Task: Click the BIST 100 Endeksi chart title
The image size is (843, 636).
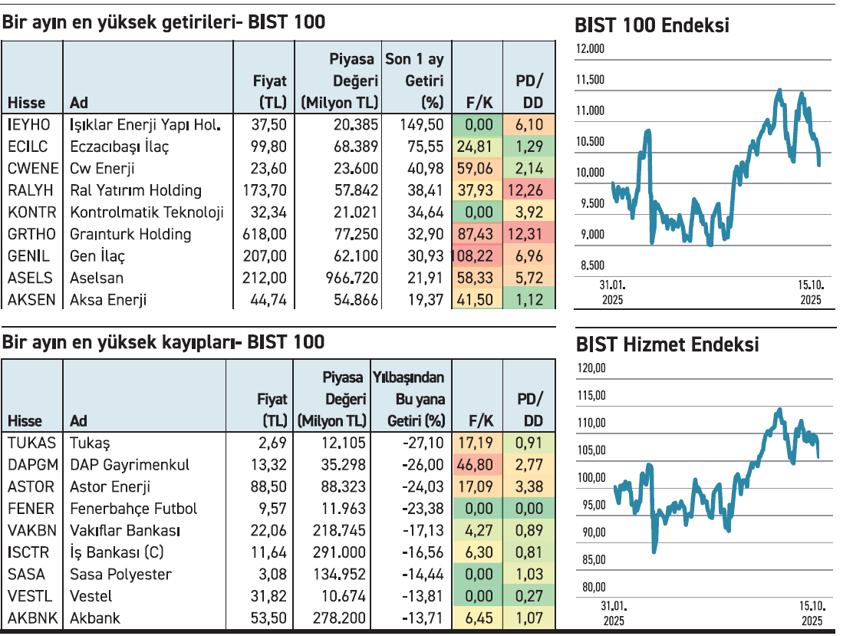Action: click(x=651, y=26)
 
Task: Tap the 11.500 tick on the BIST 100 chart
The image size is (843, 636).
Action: click(x=590, y=80)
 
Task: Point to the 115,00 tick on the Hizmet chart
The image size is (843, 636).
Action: click(x=590, y=396)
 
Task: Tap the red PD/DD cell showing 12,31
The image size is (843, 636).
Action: click(x=529, y=234)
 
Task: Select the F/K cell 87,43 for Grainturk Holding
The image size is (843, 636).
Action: click(x=474, y=234)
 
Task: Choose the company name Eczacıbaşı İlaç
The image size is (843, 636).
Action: click(x=119, y=147)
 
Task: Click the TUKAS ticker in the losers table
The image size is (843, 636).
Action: click(x=31, y=443)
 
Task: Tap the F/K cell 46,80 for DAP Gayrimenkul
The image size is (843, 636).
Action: click(x=474, y=464)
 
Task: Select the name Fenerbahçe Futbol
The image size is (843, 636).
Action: click(x=133, y=508)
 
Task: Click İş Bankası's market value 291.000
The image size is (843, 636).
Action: click(x=344, y=552)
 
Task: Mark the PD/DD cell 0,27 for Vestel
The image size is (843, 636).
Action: click(x=529, y=596)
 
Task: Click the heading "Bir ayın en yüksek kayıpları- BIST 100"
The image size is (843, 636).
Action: click(x=163, y=341)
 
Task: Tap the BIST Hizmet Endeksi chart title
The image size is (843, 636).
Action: click(x=667, y=344)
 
